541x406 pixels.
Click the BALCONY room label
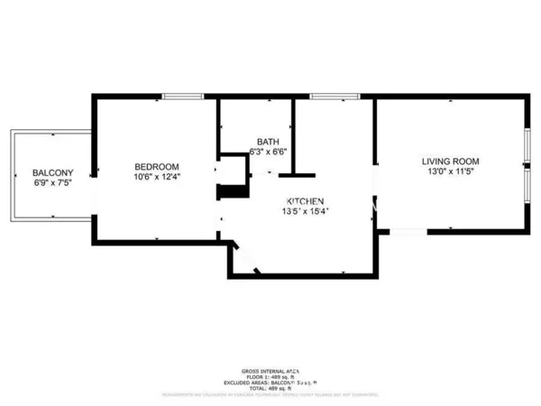coord(52,172)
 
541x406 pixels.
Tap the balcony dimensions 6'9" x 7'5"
coord(52,183)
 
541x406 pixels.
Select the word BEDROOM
coord(157,167)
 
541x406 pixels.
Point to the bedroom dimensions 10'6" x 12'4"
coord(157,178)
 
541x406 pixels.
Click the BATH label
coord(268,142)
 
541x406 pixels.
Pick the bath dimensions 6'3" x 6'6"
coord(268,152)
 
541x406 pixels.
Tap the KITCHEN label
coord(305,200)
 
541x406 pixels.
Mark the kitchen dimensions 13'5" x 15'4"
coord(307,212)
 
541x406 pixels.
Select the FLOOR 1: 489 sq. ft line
coord(270,378)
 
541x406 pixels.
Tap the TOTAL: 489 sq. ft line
coord(270,389)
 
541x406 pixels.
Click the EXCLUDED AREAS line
coord(270,383)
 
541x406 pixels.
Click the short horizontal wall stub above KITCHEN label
coord(296,174)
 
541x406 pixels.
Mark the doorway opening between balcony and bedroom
coord(94,177)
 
